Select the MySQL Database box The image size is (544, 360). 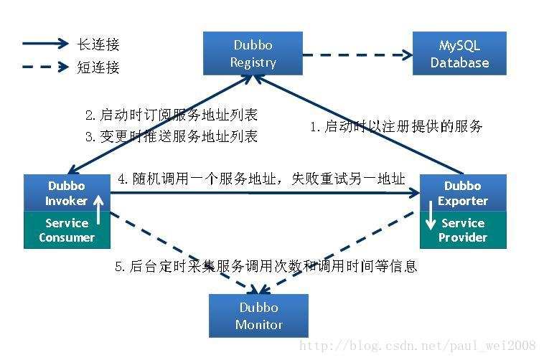459,54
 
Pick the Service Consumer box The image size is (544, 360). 67,230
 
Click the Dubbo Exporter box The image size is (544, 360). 463,193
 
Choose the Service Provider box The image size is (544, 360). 463,230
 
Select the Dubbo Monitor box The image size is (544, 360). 258,316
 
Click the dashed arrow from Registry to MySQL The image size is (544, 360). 355,54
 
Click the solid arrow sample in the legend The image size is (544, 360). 46,44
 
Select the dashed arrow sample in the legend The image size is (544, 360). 46,67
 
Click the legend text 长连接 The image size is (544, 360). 98,44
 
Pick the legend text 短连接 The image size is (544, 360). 98,67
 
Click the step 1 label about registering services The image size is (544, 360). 396,127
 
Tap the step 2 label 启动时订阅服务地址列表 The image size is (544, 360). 171,115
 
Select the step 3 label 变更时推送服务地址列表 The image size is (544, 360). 171,136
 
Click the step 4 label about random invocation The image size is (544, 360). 261,179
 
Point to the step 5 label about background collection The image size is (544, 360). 266,267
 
